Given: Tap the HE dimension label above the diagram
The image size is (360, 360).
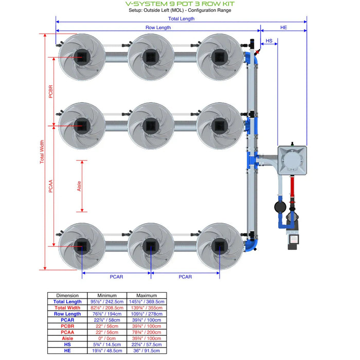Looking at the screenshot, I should [283, 28].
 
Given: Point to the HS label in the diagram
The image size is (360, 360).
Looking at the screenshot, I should [268, 40].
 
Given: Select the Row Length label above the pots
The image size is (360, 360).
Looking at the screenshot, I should [158, 28].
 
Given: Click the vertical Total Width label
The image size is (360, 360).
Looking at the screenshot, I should [42, 152].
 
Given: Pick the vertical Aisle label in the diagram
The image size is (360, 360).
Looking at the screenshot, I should [79, 186].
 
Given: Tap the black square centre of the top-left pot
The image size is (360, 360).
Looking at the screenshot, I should [81, 56].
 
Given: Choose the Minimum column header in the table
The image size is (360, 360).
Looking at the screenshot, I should [107, 295].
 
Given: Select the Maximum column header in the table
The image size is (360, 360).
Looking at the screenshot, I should [147, 295].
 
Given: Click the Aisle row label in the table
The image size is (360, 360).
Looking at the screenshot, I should [68, 338].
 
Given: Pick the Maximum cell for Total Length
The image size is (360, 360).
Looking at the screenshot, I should [147, 301].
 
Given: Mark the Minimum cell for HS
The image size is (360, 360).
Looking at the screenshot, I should [107, 344].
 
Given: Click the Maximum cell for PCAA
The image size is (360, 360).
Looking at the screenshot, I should [147, 332].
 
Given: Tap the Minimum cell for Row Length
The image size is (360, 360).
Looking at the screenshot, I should [107, 314].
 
